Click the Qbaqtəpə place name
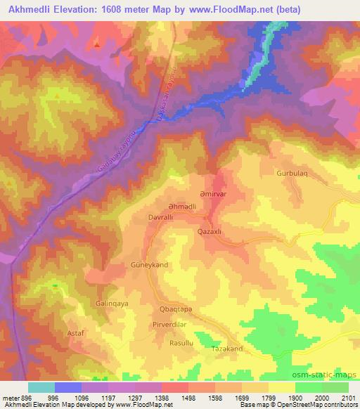(174, 310)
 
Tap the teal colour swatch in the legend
(41, 387)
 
